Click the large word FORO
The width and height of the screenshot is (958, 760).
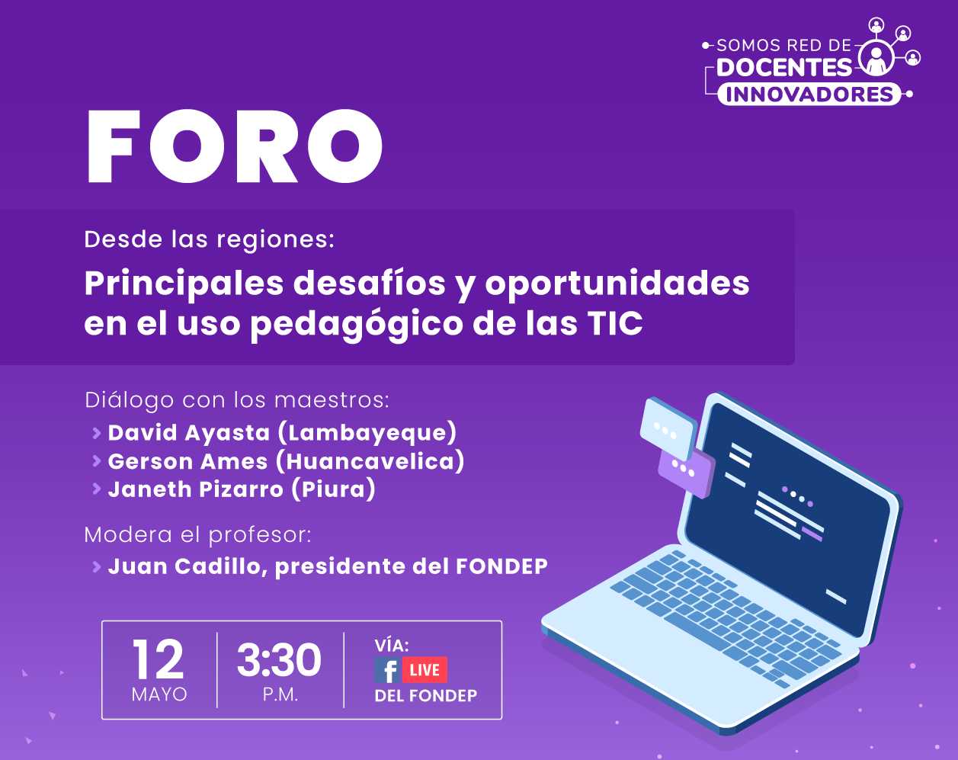(x=235, y=146)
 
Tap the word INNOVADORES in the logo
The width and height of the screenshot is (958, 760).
(x=809, y=95)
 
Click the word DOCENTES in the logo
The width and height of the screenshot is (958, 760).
(x=784, y=68)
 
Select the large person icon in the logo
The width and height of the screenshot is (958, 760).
(x=876, y=59)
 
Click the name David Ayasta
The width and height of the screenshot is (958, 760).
(x=189, y=432)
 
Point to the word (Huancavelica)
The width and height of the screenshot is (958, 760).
(x=370, y=461)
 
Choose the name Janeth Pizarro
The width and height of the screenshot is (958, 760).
(x=195, y=489)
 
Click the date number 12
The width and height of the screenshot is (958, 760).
(x=158, y=659)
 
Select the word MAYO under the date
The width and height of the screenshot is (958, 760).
(x=159, y=694)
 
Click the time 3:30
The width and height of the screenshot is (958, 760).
(x=279, y=659)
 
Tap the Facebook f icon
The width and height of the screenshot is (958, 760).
(x=387, y=669)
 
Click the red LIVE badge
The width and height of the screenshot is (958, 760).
(x=425, y=669)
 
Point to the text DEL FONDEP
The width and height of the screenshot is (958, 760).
(x=425, y=695)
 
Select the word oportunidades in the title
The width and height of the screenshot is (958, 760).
(x=617, y=284)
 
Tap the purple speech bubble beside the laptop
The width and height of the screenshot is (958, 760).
(x=687, y=473)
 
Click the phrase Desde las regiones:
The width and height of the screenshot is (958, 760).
(x=210, y=240)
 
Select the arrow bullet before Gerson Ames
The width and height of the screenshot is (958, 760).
(x=97, y=461)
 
